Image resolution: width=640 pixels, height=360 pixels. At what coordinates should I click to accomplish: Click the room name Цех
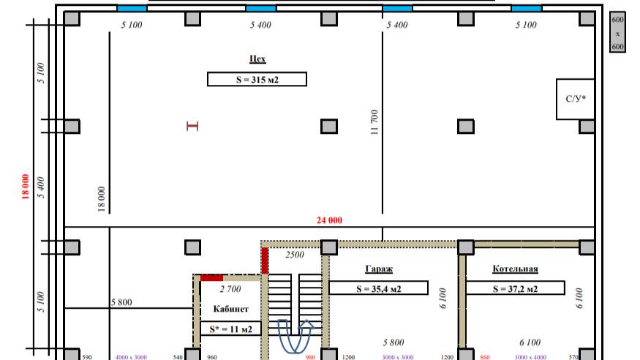(257, 59)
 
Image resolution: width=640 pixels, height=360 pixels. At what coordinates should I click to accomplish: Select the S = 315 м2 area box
(257, 79)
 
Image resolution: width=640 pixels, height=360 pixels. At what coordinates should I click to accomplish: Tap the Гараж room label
(379, 269)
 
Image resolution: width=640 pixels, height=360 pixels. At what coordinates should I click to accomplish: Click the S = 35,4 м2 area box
(378, 288)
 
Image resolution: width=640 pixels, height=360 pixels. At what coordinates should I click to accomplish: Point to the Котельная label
(515, 269)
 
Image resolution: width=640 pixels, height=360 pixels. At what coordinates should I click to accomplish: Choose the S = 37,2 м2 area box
(515, 288)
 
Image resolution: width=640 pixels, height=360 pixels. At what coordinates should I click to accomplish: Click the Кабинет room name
(230, 309)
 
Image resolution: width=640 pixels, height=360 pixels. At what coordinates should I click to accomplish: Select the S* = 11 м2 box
(230, 329)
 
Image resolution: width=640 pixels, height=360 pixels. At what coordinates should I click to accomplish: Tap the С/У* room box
(575, 100)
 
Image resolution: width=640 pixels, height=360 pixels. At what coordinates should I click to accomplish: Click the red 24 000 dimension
(329, 220)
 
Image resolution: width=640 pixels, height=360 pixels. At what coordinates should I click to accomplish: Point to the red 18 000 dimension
(26, 187)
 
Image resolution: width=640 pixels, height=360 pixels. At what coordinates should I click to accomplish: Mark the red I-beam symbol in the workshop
(192, 126)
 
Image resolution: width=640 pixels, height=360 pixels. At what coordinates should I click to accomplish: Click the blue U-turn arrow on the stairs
(295, 336)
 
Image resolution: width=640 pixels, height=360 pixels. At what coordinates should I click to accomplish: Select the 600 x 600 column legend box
(617, 33)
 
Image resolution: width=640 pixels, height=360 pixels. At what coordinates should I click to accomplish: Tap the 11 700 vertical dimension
(374, 122)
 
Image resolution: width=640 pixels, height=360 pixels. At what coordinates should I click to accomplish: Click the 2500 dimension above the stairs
(295, 255)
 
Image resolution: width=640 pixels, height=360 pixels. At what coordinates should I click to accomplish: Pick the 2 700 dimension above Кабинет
(230, 289)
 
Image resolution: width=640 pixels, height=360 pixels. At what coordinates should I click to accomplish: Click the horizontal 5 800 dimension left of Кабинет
(121, 302)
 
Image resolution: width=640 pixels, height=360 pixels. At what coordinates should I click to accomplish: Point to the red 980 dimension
(310, 357)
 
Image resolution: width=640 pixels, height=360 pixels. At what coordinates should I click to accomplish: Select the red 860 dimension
(485, 357)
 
